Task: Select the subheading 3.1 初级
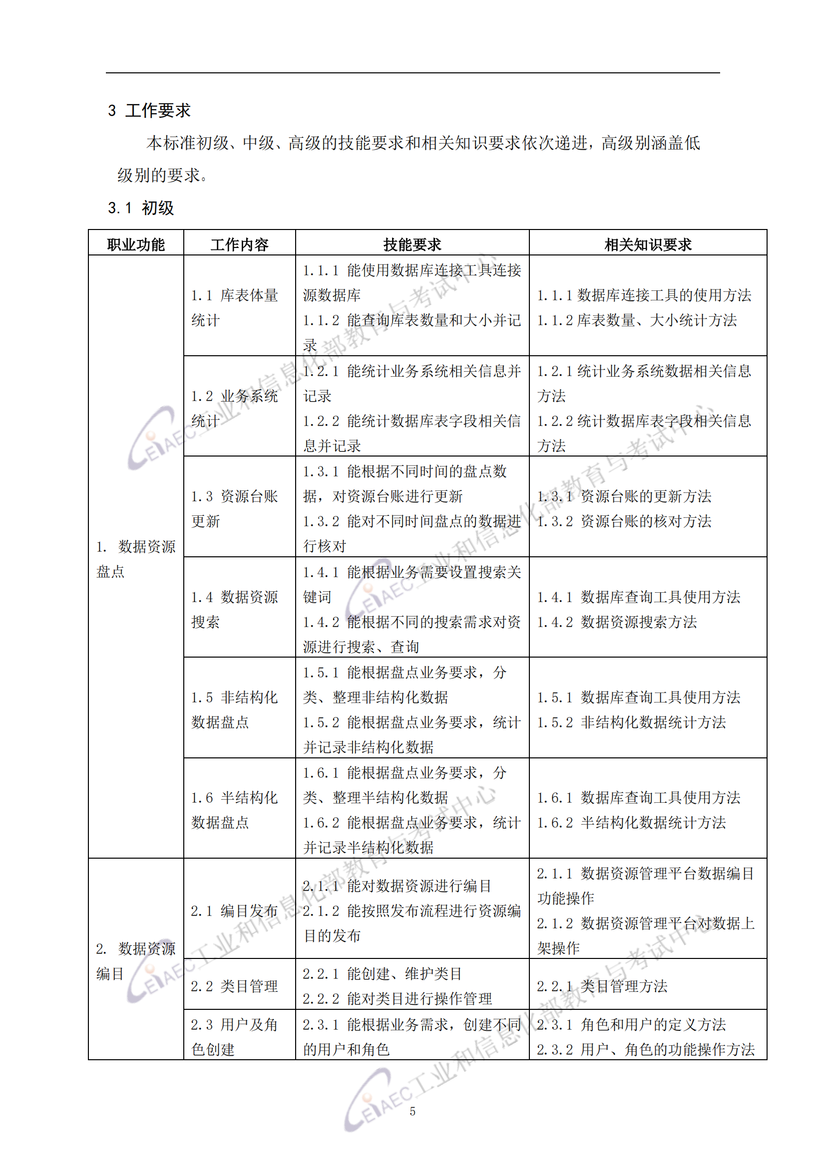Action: [x=141, y=208]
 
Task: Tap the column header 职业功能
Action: [x=136, y=244]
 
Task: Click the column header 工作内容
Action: [x=239, y=244]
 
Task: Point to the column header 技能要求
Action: [x=412, y=244]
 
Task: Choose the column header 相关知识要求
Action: [x=648, y=244]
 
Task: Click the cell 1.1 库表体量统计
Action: [x=235, y=307]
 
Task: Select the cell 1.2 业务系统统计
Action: [x=235, y=408]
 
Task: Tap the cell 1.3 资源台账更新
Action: [x=235, y=508]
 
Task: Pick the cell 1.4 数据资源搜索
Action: [x=235, y=609]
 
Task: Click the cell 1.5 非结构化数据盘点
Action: [x=235, y=709]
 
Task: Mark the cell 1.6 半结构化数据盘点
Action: [x=235, y=810]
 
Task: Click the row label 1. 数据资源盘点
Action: [x=136, y=559]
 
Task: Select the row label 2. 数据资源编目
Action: [x=136, y=960]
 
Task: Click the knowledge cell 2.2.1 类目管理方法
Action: [x=602, y=986]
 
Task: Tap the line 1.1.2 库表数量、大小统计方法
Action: [x=637, y=320]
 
